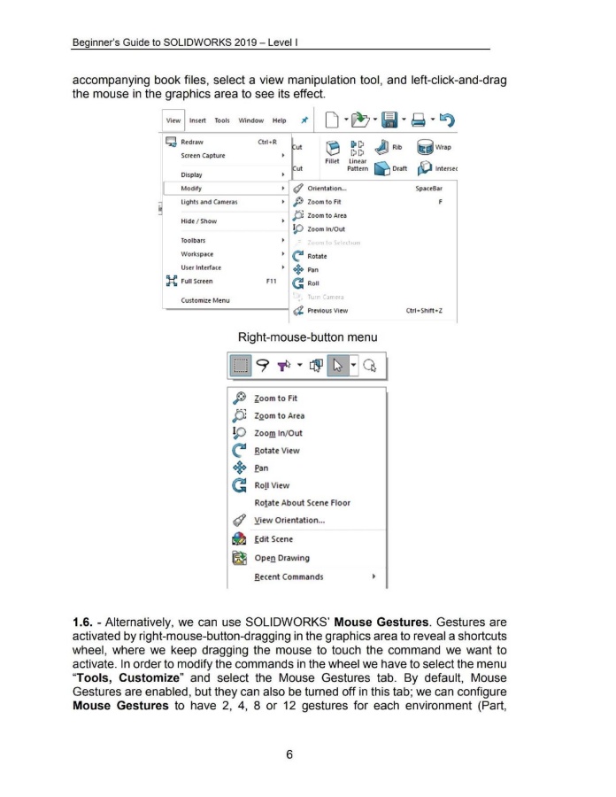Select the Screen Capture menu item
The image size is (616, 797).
[203, 156]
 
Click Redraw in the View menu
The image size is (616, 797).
[192, 142]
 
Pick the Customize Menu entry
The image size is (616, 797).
[204, 300]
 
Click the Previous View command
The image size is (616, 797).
[327, 311]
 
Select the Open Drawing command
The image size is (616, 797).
[281, 558]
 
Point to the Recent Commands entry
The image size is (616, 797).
[289, 577]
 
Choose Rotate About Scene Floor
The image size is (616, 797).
[302, 503]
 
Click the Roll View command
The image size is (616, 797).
[273, 485]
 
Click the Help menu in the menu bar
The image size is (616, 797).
[279, 120]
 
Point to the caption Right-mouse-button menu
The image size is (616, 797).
[306, 337]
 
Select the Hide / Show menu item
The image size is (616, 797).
[200, 221]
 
